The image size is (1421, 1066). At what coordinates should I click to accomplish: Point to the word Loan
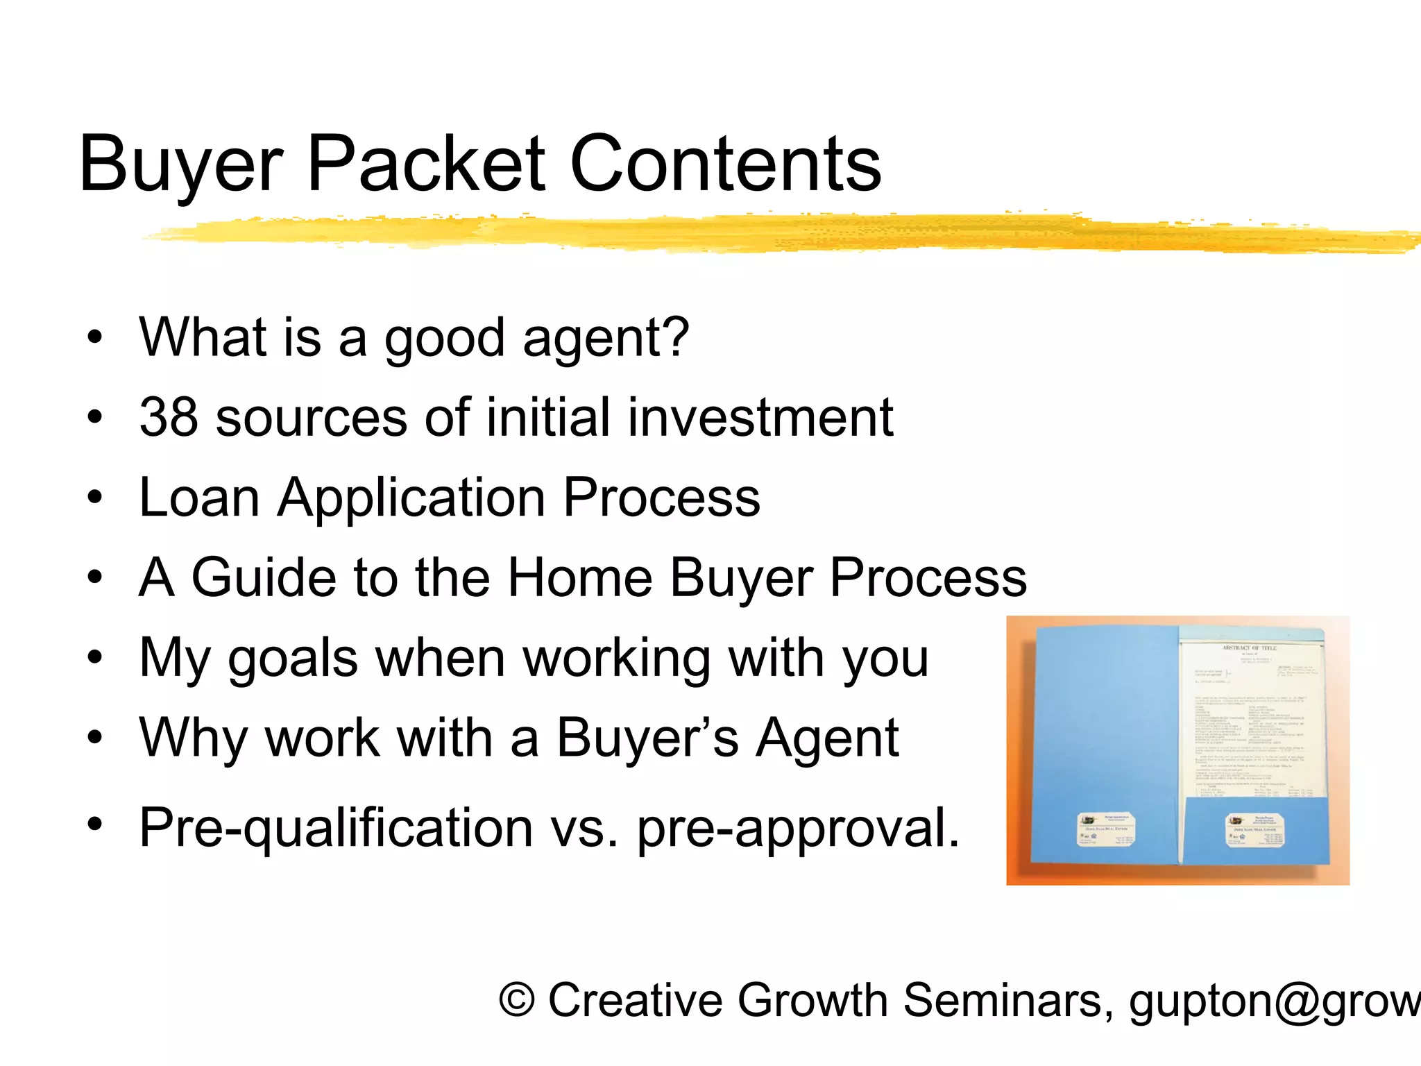[x=199, y=498]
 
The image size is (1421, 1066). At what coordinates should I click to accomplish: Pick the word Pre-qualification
[x=336, y=829]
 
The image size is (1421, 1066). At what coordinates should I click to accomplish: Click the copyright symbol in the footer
[x=517, y=1001]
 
